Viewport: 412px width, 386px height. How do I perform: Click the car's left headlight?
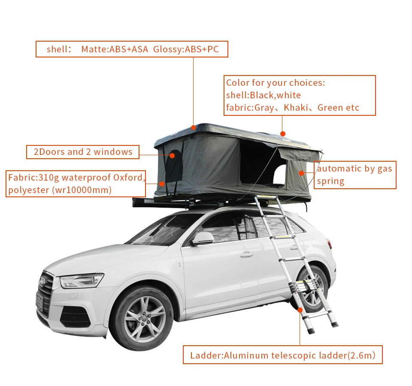click(82, 281)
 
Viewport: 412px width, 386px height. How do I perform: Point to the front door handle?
click(246, 254)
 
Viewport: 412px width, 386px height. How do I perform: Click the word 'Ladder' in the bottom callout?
click(205, 355)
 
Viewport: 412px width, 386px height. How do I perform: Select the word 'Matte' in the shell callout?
click(94, 49)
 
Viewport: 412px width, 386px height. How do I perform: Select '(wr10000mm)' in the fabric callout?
click(81, 190)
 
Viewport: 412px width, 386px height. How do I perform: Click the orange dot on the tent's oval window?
click(172, 155)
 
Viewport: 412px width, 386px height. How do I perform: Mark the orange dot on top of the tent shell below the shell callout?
click(194, 127)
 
